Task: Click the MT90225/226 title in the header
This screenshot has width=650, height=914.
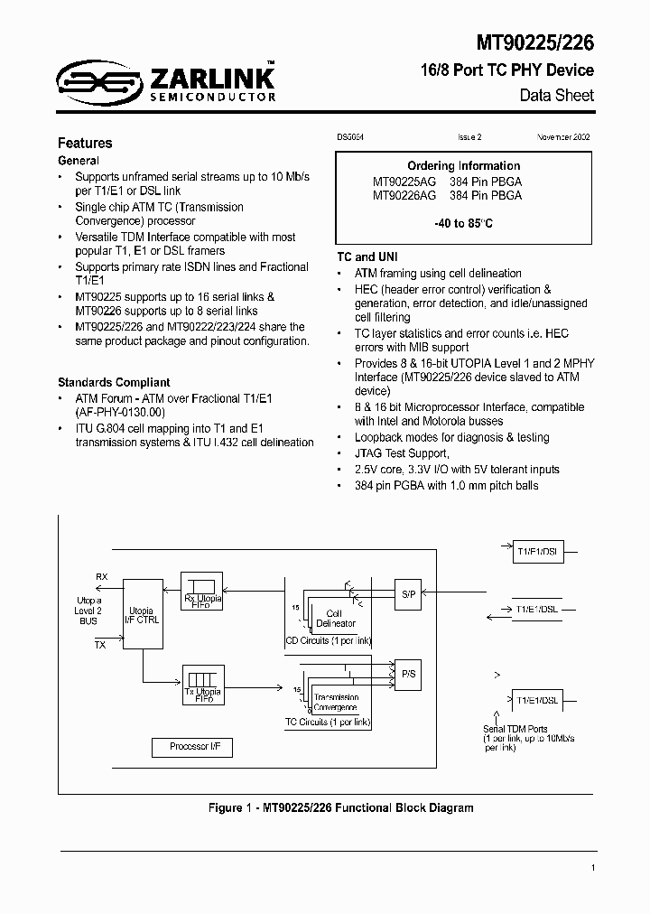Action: pyautogui.click(x=534, y=41)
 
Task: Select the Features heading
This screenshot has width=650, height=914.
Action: pyautogui.click(x=85, y=143)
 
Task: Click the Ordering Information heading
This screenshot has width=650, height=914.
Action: pyautogui.click(x=464, y=166)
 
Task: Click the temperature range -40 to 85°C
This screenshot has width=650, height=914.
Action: pyautogui.click(x=464, y=222)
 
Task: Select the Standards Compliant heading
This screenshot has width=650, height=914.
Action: pyautogui.click(x=114, y=382)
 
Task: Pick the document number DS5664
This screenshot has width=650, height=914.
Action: pyautogui.click(x=349, y=137)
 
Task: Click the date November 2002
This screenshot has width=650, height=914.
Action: pyautogui.click(x=563, y=137)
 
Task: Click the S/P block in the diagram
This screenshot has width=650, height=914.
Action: pyautogui.click(x=408, y=593)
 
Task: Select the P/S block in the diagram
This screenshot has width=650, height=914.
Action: pyautogui.click(x=408, y=674)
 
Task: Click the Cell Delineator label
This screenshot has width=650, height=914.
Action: pyautogui.click(x=335, y=618)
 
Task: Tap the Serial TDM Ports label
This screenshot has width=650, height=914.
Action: pyautogui.click(x=515, y=729)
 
